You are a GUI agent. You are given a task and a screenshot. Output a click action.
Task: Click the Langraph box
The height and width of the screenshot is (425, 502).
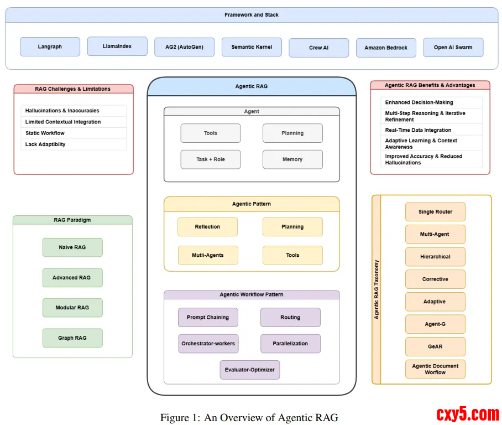[50, 46]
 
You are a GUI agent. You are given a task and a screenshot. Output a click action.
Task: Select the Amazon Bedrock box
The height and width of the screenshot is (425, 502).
[386, 48]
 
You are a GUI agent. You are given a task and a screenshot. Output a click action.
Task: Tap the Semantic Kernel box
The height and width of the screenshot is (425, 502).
[252, 47]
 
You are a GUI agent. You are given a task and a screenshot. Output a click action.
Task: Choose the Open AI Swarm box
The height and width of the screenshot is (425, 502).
[453, 47]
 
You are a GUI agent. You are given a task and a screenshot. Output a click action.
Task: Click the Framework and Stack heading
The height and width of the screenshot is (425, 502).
[252, 15]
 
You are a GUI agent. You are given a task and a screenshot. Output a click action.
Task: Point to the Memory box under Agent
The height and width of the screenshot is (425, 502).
[292, 159]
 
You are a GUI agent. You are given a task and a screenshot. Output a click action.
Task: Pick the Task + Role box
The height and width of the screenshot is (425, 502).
[211, 159]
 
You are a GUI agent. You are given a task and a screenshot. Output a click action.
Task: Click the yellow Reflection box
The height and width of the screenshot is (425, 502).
[207, 227]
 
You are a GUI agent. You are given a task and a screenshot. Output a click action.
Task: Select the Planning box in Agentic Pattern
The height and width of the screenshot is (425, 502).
[292, 227]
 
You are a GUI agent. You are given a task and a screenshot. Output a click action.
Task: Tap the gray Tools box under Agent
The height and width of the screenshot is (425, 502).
[211, 133]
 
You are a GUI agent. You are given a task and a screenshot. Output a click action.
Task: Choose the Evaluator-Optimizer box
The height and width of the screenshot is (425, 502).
[250, 370]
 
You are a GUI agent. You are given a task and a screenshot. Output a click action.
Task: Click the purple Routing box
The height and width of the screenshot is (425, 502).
[290, 318]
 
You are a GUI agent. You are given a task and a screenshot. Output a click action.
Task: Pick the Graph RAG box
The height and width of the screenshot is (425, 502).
[72, 338]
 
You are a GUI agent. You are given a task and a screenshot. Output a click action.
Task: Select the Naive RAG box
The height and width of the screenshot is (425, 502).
[72, 247]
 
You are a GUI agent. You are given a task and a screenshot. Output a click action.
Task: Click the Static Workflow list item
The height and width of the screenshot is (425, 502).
[45, 133]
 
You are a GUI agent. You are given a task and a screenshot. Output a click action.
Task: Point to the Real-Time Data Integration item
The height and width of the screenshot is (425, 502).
[418, 130]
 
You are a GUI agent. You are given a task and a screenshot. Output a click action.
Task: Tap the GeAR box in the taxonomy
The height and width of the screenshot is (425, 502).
[435, 346]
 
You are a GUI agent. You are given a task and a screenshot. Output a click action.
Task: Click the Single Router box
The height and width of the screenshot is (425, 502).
[435, 212]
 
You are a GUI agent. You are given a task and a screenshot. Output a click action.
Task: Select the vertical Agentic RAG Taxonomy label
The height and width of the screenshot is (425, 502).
[377, 289]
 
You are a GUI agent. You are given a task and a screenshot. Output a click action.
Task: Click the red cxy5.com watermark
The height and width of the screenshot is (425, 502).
[468, 414]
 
